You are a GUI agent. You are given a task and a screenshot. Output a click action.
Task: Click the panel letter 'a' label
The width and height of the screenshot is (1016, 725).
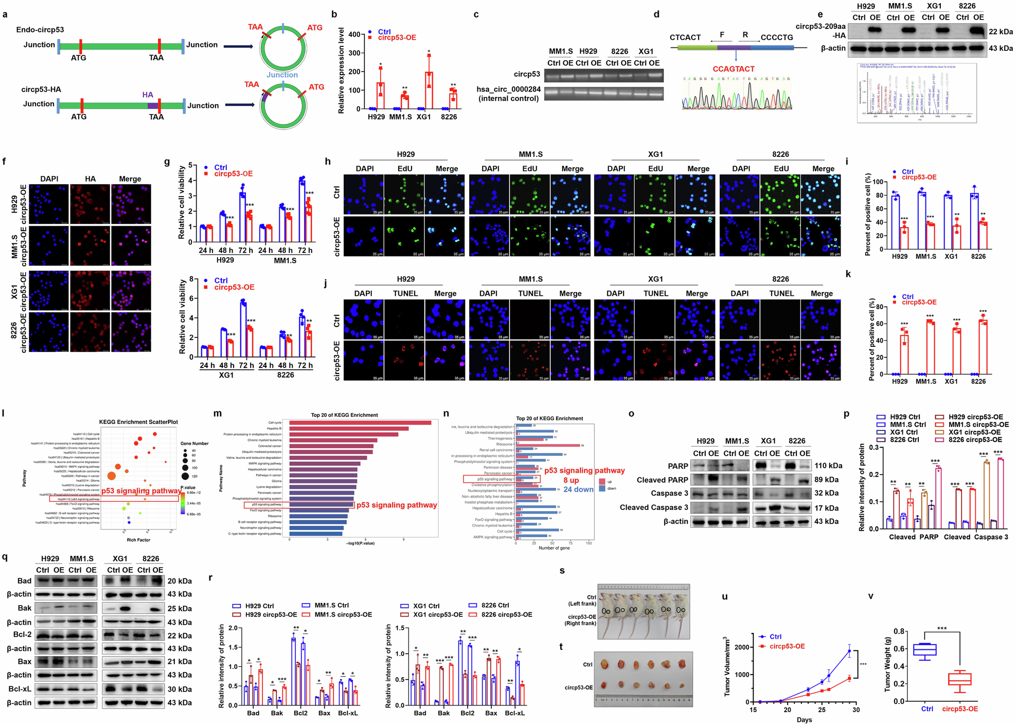(5, 14)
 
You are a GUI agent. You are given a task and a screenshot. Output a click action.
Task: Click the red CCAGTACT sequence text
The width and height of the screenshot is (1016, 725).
(733, 69)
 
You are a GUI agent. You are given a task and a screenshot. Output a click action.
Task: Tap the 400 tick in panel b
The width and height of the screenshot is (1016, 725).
(354, 34)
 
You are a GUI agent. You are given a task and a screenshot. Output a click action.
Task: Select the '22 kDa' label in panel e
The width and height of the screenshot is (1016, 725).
(1000, 32)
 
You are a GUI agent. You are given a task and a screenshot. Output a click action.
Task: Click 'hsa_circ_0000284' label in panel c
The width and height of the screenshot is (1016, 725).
(508, 89)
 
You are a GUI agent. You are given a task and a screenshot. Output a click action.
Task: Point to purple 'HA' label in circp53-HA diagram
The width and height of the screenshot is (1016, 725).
(148, 95)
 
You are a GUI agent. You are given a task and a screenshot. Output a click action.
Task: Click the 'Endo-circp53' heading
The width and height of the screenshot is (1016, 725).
(40, 30)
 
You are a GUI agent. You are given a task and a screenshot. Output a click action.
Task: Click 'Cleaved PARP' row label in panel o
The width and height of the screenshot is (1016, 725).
(662, 480)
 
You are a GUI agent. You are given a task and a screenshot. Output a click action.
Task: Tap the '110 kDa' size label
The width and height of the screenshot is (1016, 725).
(828, 466)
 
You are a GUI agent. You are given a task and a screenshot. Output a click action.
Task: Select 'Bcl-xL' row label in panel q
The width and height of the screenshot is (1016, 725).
(20, 689)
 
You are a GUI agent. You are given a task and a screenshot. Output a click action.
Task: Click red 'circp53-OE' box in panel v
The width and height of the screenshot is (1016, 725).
(959, 679)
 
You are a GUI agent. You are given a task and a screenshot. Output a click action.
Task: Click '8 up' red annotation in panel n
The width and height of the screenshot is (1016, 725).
(571, 480)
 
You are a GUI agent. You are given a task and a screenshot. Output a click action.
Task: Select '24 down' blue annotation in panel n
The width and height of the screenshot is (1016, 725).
(578, 489)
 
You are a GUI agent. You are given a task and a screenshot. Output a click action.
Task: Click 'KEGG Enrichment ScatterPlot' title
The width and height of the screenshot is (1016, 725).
(138, 422)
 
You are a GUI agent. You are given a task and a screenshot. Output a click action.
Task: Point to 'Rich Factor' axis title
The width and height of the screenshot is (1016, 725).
(138, 540)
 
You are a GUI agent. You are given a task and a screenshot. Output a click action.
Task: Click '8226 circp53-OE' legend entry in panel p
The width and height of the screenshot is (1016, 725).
(975, 439)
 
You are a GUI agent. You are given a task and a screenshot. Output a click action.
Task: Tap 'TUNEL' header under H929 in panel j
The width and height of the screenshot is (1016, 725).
(405, 293)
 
